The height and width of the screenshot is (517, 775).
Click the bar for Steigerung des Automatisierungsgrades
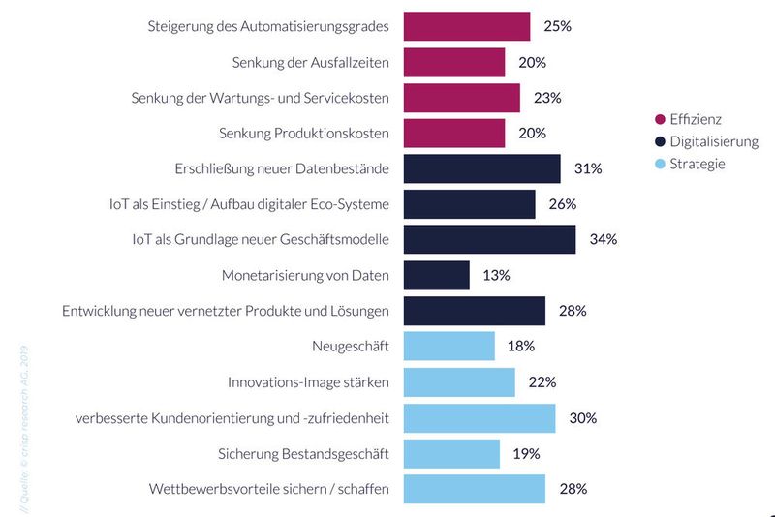pos(466,26)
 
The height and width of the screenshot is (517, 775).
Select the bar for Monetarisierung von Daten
pos(436,275)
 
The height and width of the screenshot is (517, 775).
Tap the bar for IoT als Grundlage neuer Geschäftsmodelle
pos(489,239)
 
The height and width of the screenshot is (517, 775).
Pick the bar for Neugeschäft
pos(449,346)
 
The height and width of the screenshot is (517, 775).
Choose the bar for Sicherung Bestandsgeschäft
pos(451,453)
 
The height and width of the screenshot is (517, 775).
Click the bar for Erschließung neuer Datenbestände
pos(481,168)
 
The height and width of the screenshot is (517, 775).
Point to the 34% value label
pos(604,239)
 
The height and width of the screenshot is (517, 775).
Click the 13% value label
pos(496,275)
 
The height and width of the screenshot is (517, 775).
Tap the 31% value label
pos(588,168)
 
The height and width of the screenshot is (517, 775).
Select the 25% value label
pos(557,26)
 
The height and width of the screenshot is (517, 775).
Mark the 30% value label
pos(583,418)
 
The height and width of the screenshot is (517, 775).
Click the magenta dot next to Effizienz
pos(661,119)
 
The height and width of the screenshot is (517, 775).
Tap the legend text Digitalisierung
pos(714,141)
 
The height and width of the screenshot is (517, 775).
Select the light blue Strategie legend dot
pos(661,164)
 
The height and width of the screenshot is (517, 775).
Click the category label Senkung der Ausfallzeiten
pos(311,62)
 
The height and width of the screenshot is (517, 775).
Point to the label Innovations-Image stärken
pos(308,382)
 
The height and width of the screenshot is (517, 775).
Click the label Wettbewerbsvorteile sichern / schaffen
pos(269,489)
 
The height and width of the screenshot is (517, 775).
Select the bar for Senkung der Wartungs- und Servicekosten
pos(461,98)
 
